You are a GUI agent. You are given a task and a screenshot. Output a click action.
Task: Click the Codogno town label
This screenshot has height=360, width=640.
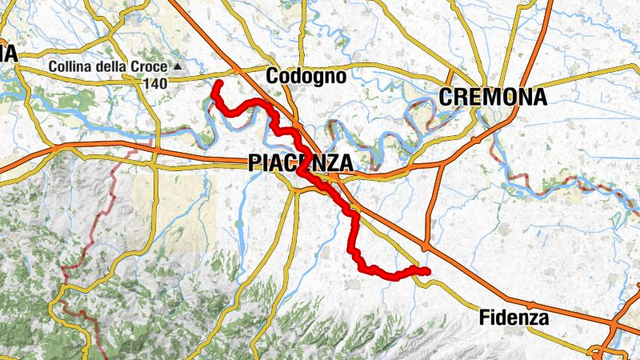tap(306, 76)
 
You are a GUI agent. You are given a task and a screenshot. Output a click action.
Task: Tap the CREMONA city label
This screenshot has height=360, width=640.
tap(493, 98)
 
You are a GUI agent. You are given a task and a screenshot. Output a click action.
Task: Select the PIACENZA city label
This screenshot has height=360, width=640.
tap(300, 162)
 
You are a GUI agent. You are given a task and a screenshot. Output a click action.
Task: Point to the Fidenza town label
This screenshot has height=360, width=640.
tap(514, 318)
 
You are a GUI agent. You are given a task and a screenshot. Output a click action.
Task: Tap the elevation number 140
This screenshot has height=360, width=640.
tap(156, 82)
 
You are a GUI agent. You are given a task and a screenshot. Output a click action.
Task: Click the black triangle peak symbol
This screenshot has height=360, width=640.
tap(178, 66)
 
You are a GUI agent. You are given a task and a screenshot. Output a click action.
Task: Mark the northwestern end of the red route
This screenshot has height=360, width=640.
tap(218, 82)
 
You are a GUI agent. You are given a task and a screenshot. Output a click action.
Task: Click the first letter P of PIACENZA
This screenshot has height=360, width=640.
tap(254, 162)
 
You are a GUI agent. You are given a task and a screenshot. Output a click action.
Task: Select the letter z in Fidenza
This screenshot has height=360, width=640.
tap(533, 318)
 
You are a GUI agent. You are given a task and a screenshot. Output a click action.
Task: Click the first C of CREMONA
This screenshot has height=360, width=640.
tap(447, 98)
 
